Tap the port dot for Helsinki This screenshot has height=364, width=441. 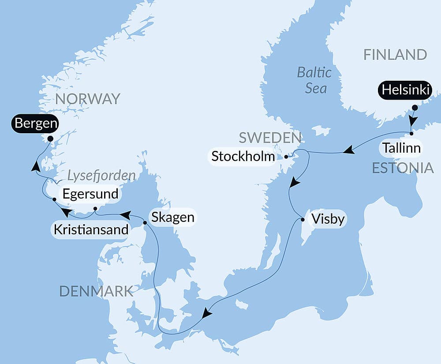415,107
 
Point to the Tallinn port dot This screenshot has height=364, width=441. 411,133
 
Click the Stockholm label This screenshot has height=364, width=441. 243,156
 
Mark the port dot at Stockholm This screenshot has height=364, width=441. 286,157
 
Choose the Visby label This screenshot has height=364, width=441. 327,219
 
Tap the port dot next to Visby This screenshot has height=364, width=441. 303,219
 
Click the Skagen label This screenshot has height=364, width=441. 172,217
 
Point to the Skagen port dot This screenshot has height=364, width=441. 145,223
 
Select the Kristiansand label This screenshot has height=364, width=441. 91,230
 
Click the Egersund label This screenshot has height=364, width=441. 90,194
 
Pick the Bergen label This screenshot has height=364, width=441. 36,123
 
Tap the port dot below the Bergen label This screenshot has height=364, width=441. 50,138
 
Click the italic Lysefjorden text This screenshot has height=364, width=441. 101,176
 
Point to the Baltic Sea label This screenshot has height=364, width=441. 314,80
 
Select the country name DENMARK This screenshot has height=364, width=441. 96,291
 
